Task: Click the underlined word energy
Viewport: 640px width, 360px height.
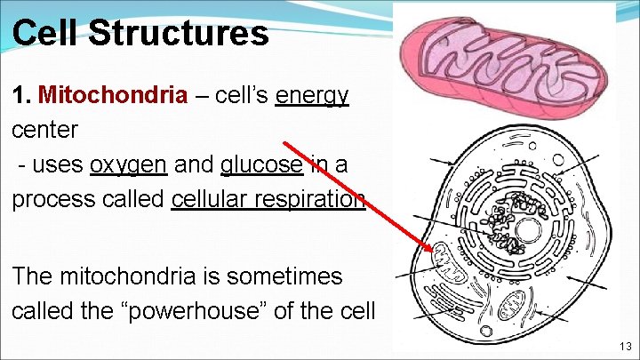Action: tap(312, 95)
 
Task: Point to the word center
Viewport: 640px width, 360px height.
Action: tap(44, 130)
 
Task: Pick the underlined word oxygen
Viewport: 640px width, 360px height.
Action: tap(128, 164)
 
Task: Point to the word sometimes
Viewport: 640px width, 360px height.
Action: tap(284, 276)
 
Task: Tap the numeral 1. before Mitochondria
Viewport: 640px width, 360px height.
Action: tap(22, 95)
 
